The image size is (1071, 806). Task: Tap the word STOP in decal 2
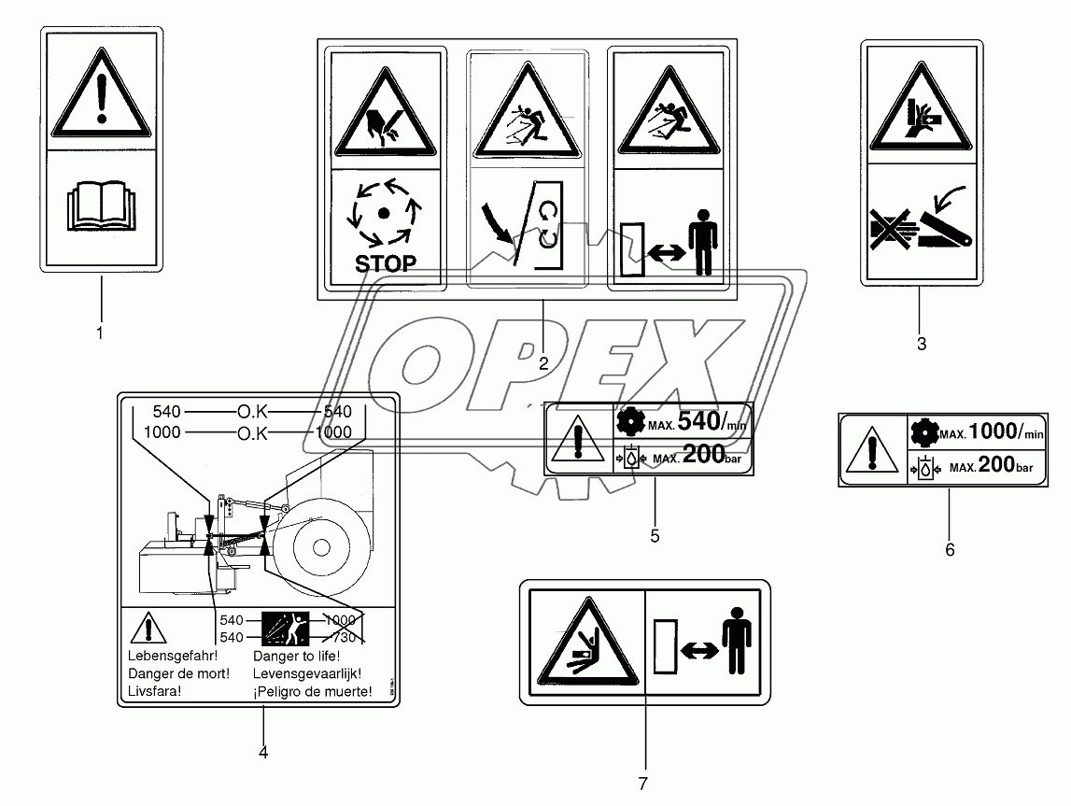click(385, 263)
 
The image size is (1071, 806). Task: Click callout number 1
click(100, 332)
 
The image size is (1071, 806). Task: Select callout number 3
click(921, 344)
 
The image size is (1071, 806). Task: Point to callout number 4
click(263, 753)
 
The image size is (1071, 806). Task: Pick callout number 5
click(655, 535)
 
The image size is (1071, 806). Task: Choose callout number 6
click(950, 549)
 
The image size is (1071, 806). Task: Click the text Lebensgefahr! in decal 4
click(164, 656)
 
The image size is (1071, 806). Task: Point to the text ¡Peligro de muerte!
click(313, 692)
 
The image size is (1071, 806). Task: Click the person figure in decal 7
click(738, 642)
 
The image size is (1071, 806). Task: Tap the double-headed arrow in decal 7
click(699, 645)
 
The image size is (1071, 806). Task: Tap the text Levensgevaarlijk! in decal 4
click(307, 673)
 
